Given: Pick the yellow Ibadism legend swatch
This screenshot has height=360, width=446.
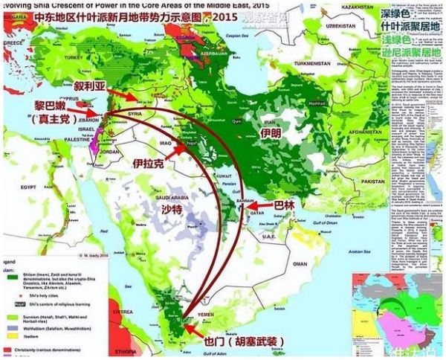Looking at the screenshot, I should [x=10, y=338].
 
